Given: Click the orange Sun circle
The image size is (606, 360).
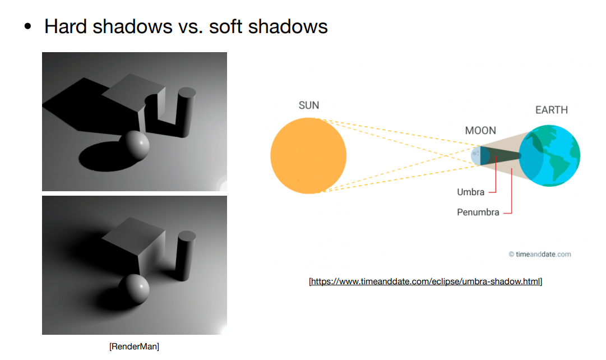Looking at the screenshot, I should pyautogui.click(x=308, y=155).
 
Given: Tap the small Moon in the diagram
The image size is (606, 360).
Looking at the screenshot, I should pyautogui.click(x=476, y=155).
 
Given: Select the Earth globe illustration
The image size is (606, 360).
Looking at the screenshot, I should pyautogui.click(x=550, y=156).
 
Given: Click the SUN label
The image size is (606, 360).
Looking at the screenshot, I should pyautogui.click(x=309, y=105).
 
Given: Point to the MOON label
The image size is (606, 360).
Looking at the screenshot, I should pyautogui.click(x=480, y=131).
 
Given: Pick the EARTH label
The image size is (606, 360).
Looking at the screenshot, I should pyautogui.click(x=552, y=110).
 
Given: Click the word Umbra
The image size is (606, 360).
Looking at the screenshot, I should pyautogui.click(x=471, y=192).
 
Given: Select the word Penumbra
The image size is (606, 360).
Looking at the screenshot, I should pyautogui.click(x=478, y=213).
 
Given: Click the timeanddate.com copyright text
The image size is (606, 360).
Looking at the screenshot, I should pyautogui.click(x=540, y=254).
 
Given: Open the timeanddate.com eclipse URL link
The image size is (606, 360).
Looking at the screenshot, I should pyautogui.click(x=425, y=281).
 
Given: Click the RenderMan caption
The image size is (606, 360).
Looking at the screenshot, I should pyautogui.click(x=134, y=347).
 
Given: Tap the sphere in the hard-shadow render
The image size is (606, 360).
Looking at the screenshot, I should pyautogui.click(x=137, y=145).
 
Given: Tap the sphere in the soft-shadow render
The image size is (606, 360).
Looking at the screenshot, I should pyautogui.click(x=135, y=289).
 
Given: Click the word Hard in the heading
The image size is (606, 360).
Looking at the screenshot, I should pyautogui.click(x=68, y=26).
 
